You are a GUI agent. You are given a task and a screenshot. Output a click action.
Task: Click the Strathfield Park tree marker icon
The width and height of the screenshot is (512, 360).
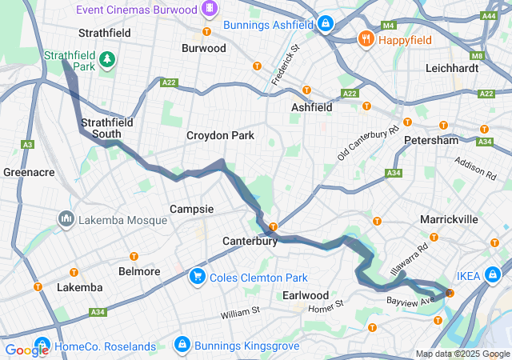coord(106,59)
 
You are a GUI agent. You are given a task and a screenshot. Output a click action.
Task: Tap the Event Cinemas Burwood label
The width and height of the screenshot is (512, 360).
coord(148,10)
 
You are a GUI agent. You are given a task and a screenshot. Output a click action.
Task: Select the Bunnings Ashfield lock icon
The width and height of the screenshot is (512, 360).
coord(325,23)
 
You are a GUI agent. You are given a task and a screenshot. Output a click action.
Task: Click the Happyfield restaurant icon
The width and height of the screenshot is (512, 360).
coord(366,38)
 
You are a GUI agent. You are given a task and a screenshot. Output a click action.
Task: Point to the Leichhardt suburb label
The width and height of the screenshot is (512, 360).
coord(452,68)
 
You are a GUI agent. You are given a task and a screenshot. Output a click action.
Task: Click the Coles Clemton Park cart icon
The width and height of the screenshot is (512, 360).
coord(196,277)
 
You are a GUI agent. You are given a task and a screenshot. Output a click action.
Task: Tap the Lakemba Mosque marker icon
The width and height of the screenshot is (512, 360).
coord(66,218)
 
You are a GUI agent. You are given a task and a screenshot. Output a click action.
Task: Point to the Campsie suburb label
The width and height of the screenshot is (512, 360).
coord(191,209)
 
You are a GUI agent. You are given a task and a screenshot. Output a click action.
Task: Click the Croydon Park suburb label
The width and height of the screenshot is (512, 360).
coord(220,136)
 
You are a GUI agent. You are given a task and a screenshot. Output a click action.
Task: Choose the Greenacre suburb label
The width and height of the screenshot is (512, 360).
coord(28,172)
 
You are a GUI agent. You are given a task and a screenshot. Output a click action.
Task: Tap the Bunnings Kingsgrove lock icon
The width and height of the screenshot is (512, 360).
coord(182,346)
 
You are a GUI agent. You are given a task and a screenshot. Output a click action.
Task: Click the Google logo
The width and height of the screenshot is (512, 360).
coord(26,350)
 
